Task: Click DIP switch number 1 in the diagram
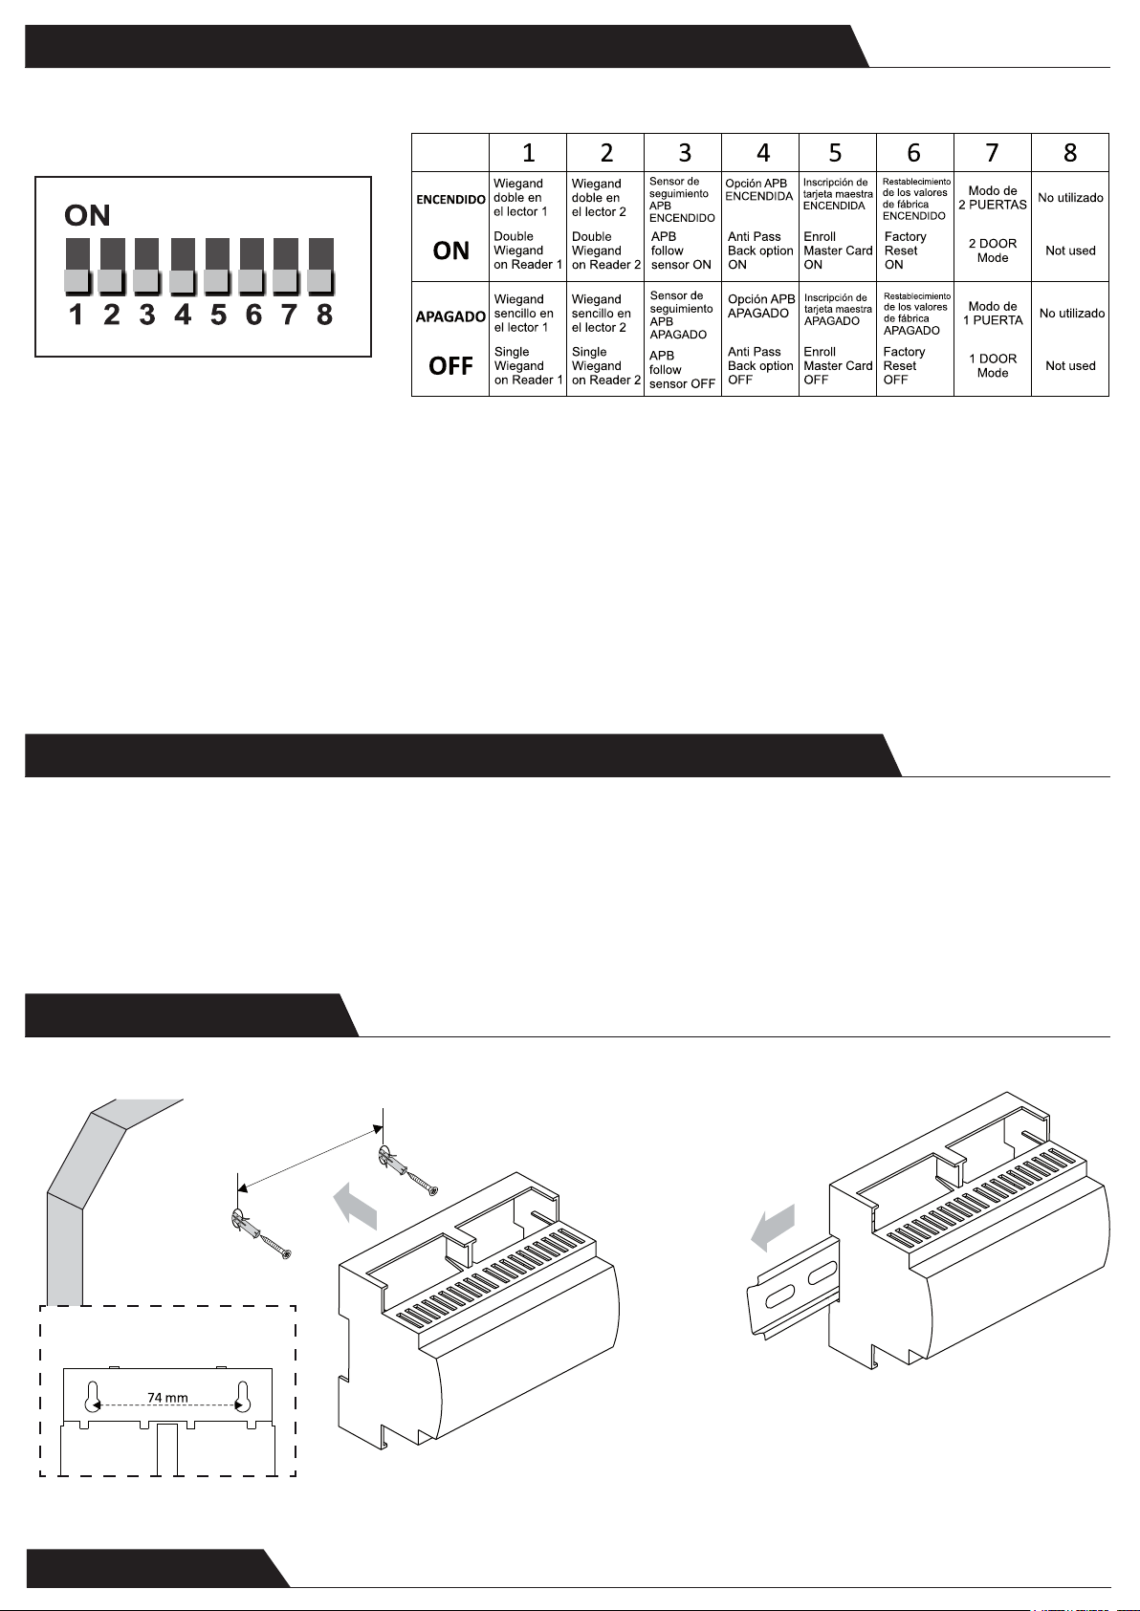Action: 77,266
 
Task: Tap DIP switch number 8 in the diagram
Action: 320,266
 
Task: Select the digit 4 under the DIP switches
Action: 183,315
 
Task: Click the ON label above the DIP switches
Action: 87,215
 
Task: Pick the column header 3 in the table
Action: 684,152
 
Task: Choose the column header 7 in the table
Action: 992,152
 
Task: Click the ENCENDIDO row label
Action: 450,199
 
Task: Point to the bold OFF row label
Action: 450,366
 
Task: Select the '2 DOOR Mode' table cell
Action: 993,250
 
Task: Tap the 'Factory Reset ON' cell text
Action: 905,250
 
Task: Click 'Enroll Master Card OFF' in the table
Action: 837,365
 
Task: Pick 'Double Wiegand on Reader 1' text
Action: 528,250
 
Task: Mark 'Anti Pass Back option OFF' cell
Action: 760,365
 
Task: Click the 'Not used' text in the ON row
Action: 1070,250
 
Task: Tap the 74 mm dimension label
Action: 167,1398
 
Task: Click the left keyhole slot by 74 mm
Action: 92,1396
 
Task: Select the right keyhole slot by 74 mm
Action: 242,1396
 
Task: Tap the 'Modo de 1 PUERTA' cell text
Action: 993,313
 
